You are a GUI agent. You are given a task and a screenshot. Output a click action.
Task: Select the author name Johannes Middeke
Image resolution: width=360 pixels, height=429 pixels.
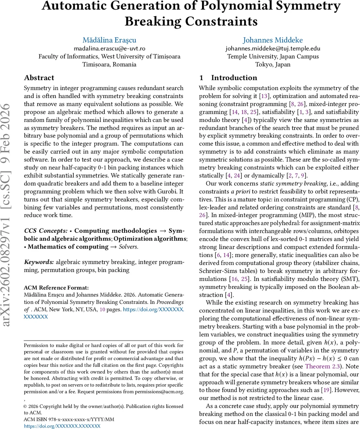(273, 40)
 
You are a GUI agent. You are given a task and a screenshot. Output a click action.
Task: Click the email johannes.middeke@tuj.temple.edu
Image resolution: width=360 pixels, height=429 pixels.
(273, 48)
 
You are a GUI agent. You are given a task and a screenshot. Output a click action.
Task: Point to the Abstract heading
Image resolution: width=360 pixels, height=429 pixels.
(39, 78)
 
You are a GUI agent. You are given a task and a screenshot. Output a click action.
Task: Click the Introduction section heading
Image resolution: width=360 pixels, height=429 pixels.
(234, 78)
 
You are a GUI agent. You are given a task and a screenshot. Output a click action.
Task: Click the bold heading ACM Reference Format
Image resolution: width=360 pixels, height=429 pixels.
(56, 287)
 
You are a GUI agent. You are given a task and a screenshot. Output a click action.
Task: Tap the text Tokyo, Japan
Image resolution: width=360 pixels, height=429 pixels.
(273, 65)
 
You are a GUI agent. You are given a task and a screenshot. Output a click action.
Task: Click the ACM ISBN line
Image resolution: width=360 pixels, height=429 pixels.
(69, 419)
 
